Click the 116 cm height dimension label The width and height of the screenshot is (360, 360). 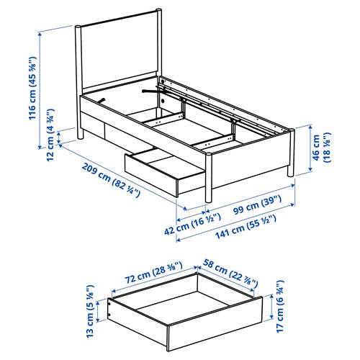coord(32,88)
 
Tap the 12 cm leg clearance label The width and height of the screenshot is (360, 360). coord(50,135)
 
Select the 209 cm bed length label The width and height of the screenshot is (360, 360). coord(111,180)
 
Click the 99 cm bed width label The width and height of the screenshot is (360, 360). coord(257,204)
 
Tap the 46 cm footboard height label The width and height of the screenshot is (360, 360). coord(322,148)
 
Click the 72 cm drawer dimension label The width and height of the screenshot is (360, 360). coord(153,272)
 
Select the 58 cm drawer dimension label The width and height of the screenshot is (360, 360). coord(230,273)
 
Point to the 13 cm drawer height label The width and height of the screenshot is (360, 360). coord(89,311)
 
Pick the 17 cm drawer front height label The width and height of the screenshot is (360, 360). coord(280,307)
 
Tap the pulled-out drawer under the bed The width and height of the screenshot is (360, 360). coord(164,171)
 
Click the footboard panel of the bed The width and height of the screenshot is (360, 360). coord(250,160)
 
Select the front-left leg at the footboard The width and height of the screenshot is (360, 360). coord(209,177)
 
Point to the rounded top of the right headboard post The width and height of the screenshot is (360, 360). coord(158,11)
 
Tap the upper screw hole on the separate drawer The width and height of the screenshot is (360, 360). coord(109,304)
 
